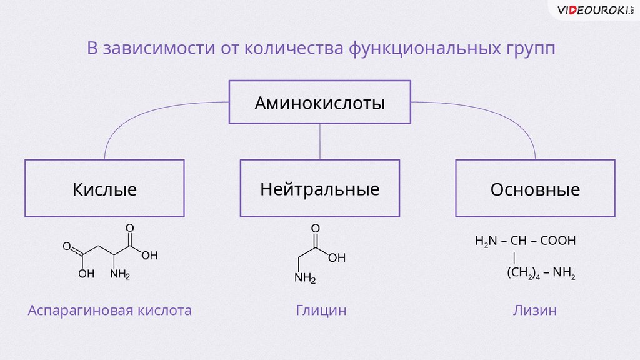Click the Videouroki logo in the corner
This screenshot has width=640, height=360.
pos(594,11)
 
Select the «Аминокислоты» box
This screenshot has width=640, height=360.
pos(319,102)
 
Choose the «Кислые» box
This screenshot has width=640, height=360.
pos(104,189)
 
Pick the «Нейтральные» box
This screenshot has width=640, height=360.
pos(320,189)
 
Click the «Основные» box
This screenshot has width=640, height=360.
pos(535,189)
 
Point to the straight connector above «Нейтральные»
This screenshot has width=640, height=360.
pos(320,141)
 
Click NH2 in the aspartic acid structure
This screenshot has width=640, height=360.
pos(120,273)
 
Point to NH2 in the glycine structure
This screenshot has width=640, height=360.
pos(305,279)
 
